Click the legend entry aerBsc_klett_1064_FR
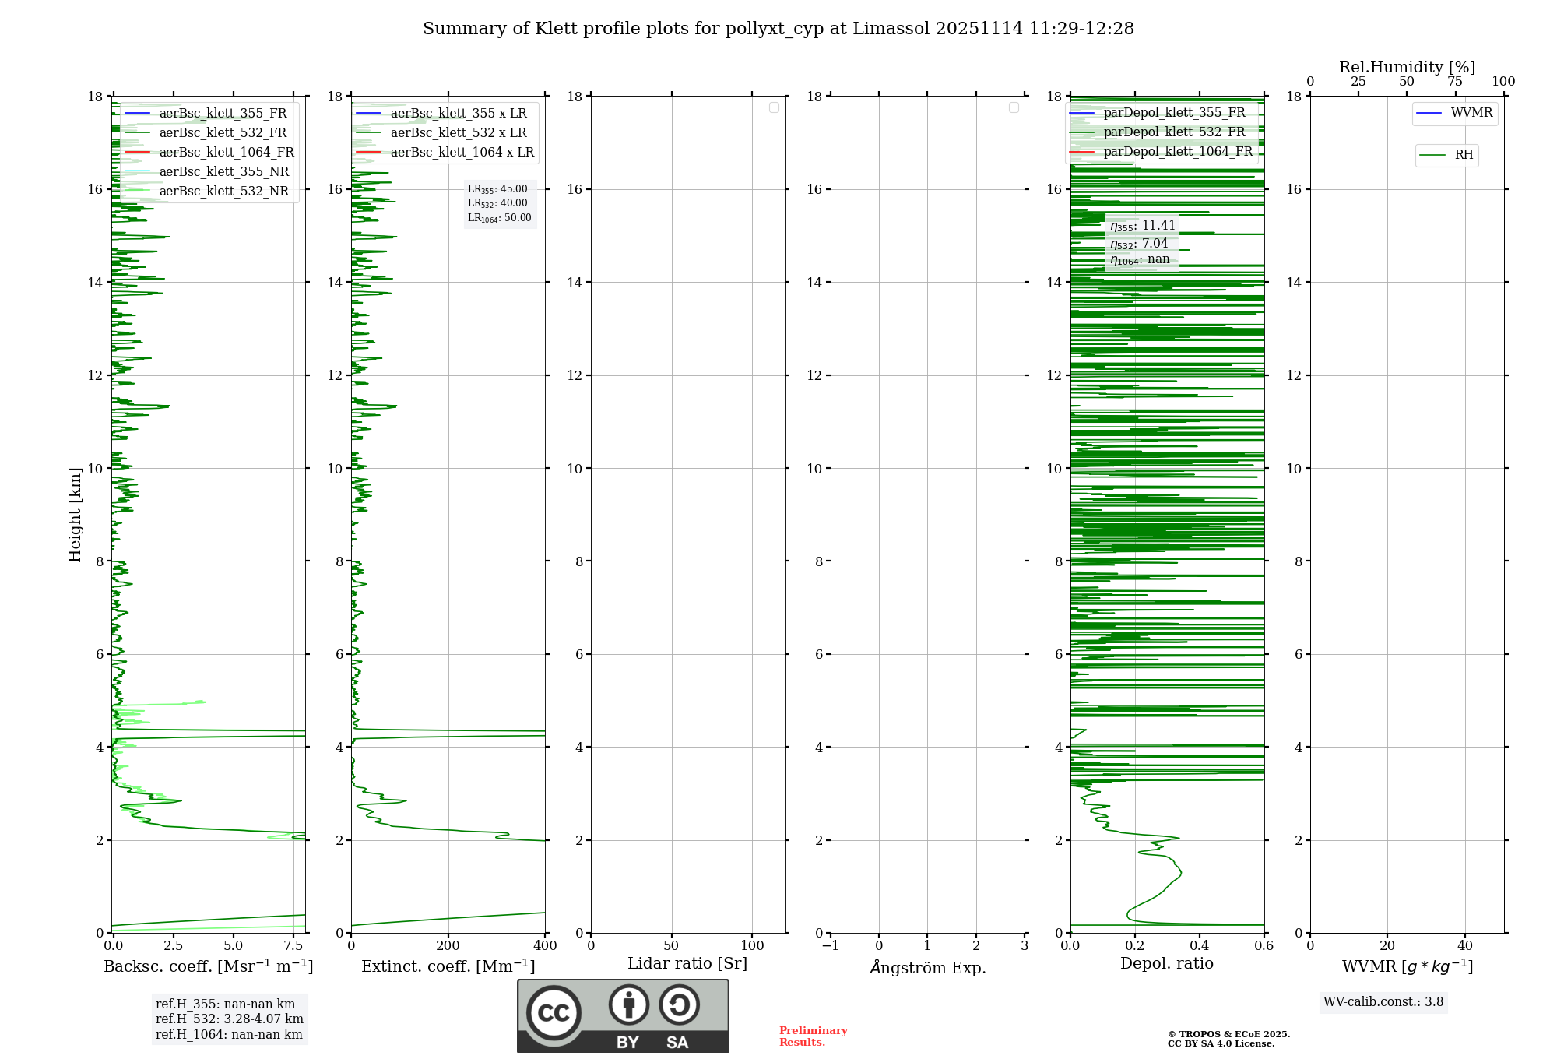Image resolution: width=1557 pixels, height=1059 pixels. (x=226, y=153)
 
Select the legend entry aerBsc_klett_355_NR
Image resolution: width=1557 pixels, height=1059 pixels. (x=223, y=172)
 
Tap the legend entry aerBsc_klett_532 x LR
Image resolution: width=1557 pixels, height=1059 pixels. (x=458, y=133)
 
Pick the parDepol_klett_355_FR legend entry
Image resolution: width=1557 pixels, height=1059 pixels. (x=1174, y=113)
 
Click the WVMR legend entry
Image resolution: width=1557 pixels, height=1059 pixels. (x=1471, y=113)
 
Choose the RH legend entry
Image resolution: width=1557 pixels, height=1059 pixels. (x=1463, y=155)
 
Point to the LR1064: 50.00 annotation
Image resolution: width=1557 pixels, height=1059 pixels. (x=499, y=218)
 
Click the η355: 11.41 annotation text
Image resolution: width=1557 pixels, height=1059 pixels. (x=1142, y=226)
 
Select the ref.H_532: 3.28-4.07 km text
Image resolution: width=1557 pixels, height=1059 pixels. (x=229, y=1019)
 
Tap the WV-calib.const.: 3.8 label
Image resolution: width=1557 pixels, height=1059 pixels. (x=1383, y=1002)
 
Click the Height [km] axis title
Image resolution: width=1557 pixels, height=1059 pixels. (x=75, y=515)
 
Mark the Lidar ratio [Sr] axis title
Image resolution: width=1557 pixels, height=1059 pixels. (x=687, y=964)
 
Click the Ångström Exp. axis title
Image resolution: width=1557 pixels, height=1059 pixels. (x=927, y=968)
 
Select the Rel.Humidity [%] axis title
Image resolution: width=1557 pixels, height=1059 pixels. (x=1407, y=67)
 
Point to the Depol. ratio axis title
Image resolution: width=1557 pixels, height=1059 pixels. (x=1166, y=964)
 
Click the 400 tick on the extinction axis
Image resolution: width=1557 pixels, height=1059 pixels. (x=545, y=946)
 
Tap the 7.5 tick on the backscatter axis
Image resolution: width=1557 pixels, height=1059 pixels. (x=293, y=946)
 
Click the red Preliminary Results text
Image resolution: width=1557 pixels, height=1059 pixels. (x=813, y=1036)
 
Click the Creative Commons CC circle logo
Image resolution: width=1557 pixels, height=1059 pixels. (x=554, y=1013)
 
